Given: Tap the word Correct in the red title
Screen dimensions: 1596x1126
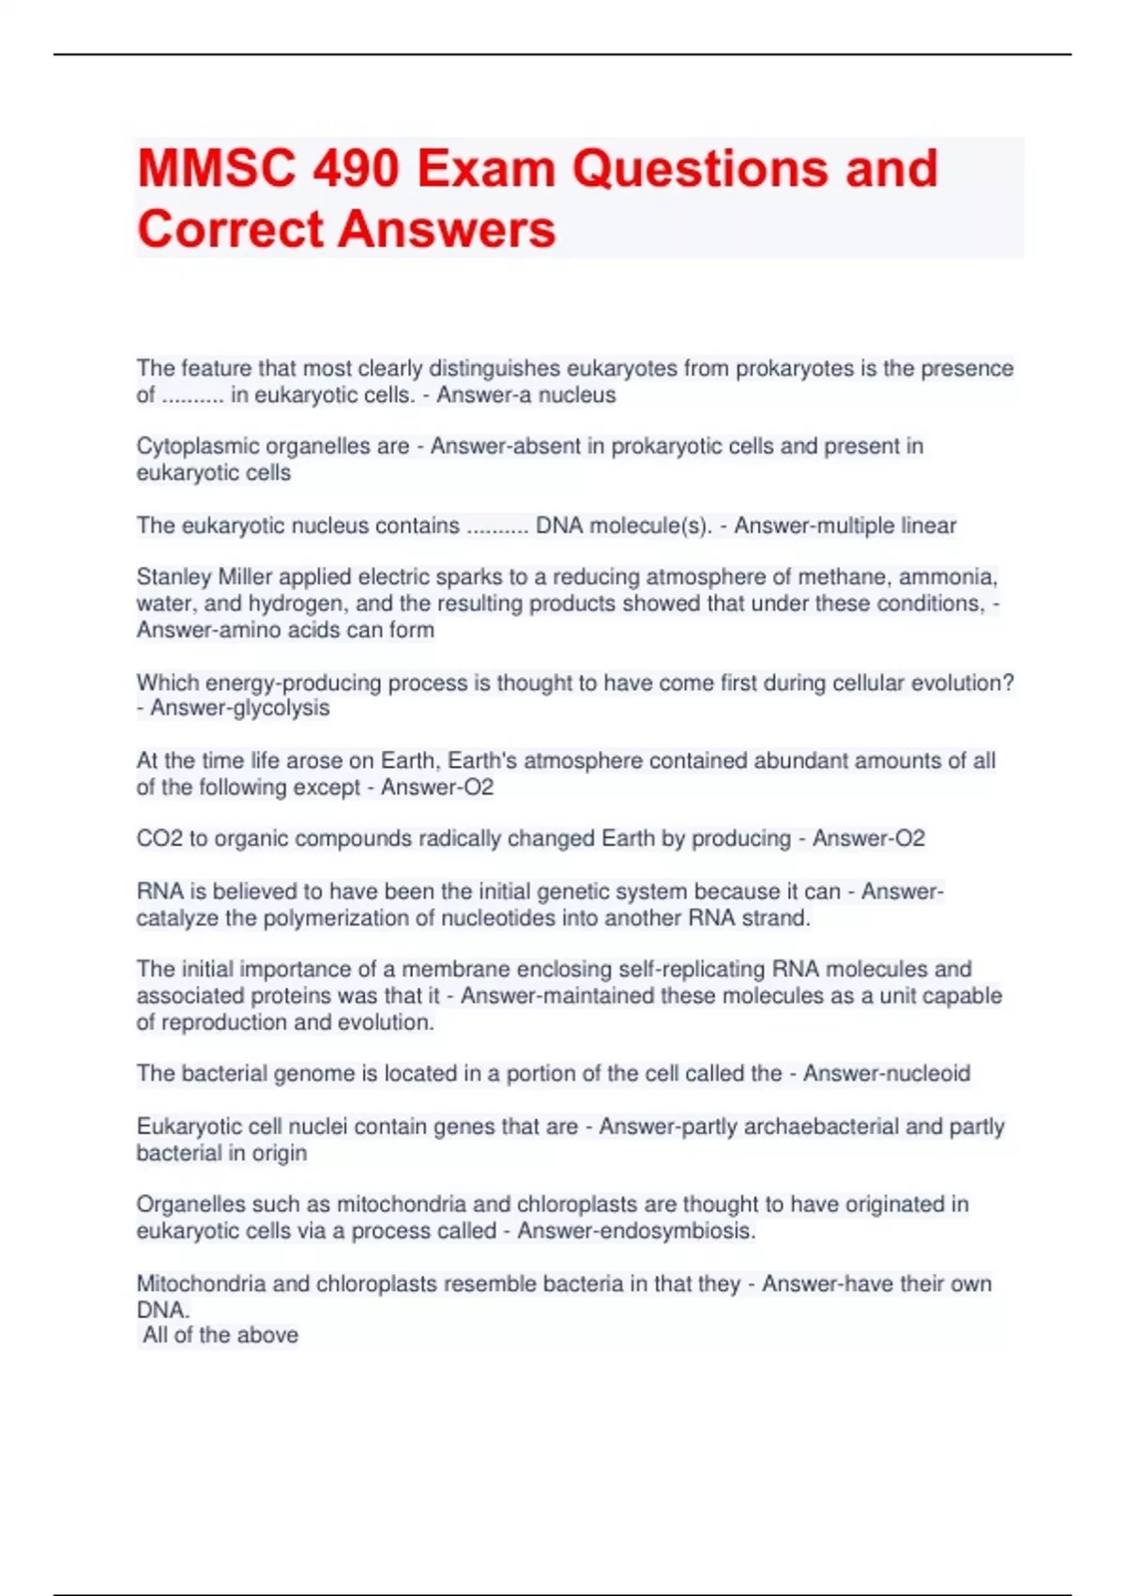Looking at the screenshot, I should [232, 229].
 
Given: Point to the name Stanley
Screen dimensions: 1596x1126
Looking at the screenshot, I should [175, 576].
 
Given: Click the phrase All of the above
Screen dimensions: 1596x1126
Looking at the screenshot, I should [221, 1335].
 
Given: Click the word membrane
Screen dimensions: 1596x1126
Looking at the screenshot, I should [448, 969].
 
